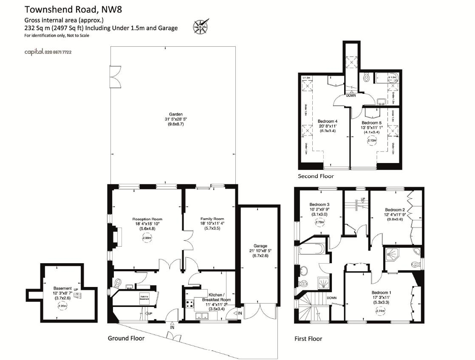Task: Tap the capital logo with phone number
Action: pos(48,52)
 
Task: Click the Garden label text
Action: pos(175,114)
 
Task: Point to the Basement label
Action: pos(62,288)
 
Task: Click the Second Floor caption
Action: pos(316,176)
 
